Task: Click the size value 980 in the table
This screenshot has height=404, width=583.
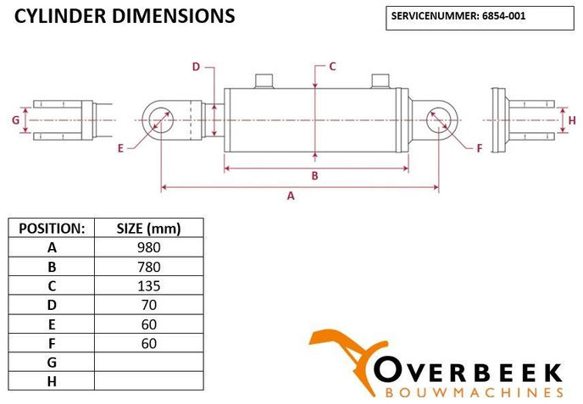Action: click(x=148, y=247)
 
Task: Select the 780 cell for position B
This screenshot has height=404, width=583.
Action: click(x=148, y=266)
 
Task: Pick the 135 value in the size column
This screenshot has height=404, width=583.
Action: click(x=148, y=285)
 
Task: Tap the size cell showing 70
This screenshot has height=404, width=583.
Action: click(x=148, y=304)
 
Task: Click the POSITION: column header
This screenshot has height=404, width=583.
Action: click(x=52, y=228)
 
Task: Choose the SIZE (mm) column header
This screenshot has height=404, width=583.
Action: click(x=148, y=228)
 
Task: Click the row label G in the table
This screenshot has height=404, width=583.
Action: click(x=52, y=362)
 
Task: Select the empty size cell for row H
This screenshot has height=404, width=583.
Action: click(x=148, y=380)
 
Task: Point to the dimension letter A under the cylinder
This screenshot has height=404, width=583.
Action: click(x=291, y=196)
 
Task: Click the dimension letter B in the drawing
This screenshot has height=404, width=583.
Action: click(x=314, y=176)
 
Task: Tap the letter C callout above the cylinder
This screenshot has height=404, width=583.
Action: click(x=332, y=66)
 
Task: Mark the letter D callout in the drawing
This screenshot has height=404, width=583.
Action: click(x=195, y=66)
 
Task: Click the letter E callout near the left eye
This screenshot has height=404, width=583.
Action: click(x=121, y=148)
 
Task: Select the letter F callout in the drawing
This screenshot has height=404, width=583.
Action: click(x=479, y=148)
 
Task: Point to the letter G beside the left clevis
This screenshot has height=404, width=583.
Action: click(x=15, y=120)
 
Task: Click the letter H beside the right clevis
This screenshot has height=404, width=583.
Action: click(x=572, y=120)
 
